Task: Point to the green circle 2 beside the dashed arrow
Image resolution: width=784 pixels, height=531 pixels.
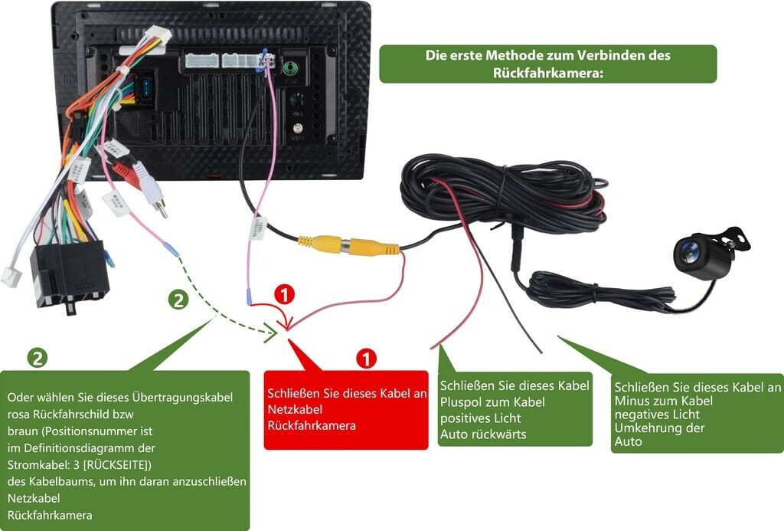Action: click(x=178, y=300)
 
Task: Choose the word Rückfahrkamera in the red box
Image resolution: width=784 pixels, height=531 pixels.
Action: click(x=312, y=425)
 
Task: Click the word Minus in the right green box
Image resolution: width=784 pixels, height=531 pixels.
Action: click(x=637, y=401)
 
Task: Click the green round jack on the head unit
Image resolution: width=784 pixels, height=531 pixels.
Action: click(x=290, y=67)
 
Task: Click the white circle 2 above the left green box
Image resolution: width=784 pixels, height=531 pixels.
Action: click(x=36, y=358)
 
